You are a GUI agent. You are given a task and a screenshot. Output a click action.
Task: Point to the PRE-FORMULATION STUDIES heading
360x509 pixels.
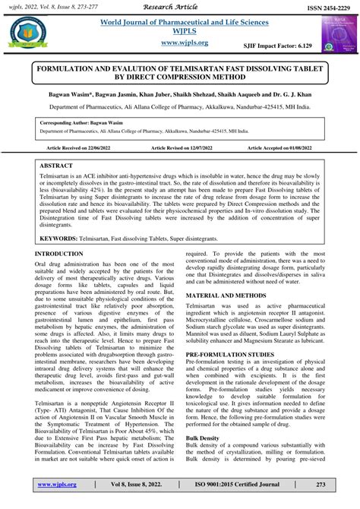235,355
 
